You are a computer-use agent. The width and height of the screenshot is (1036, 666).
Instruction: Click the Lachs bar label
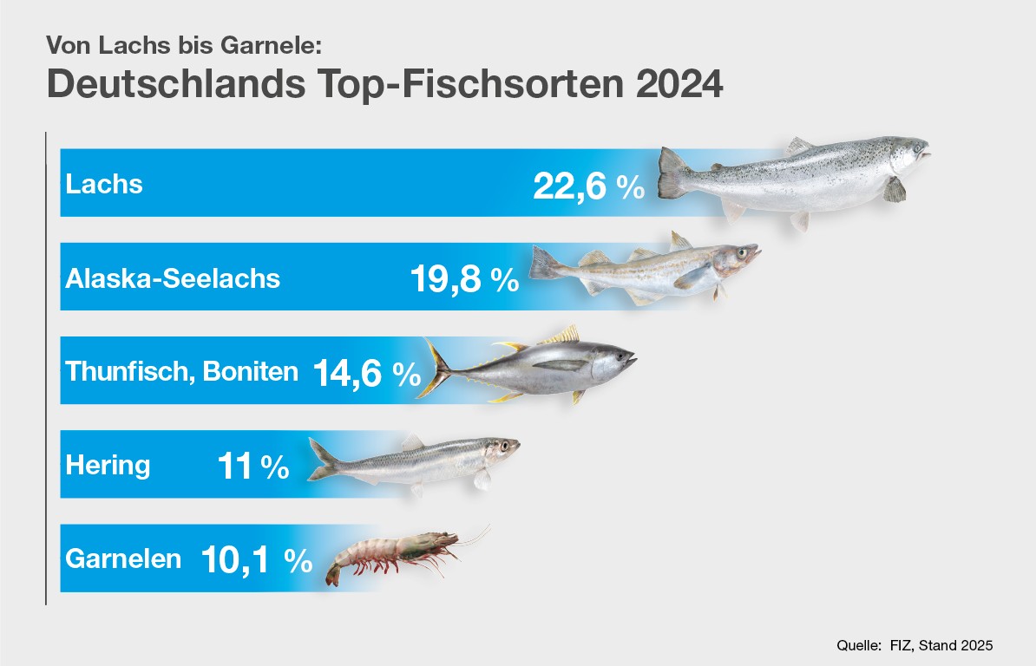(x=104, y=184)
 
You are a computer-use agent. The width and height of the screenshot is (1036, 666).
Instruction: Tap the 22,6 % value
(x=588, y=186)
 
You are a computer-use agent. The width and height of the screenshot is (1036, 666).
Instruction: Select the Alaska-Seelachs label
(x=173, y=278)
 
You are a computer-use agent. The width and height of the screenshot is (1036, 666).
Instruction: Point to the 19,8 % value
(x=463, y=279)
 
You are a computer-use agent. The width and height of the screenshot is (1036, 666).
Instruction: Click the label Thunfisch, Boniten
(x=181, y=372)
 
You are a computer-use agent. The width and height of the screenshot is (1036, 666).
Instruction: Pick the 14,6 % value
(x=366, y=373)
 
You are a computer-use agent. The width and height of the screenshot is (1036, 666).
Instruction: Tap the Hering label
(x=108, y=466)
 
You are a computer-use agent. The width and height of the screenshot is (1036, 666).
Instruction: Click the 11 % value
(x=252, y=467)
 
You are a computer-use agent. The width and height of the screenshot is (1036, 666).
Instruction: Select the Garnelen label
(x=123, y=558)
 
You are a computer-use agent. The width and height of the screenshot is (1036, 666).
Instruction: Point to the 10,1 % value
(x=256, y=560)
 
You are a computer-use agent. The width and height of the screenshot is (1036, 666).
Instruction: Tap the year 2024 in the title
(x=678, y=84)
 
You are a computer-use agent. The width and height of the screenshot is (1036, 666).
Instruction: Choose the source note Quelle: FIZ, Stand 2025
(x=914, y=645)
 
